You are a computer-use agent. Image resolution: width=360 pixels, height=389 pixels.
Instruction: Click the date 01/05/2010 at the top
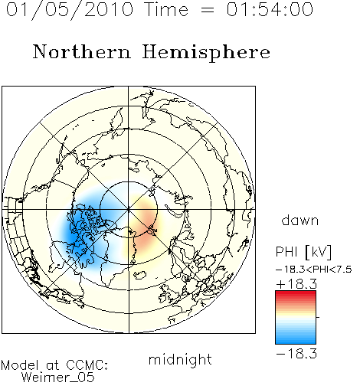[x=70, y=10]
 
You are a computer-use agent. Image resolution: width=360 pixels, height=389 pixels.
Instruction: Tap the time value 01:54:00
[x=270, y=10]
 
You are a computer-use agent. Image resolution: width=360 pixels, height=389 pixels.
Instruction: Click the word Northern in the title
[x=82, y=51]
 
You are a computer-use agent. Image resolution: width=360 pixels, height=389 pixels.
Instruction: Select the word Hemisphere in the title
[x=206, y=53]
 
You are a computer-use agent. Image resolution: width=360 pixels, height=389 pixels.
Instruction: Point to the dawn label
[x=300, y=220]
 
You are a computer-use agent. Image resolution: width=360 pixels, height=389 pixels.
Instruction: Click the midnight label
[x=180, y=360]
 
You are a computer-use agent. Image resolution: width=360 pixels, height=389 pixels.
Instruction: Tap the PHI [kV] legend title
[x=303, y=252]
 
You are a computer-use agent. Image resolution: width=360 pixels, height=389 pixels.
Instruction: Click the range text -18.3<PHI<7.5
[x=314, y=270]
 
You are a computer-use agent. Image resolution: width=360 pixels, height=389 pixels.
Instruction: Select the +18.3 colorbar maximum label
[x=296, y=284]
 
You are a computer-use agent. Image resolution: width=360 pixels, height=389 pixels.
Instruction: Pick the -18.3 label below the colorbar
[x=296, y=354]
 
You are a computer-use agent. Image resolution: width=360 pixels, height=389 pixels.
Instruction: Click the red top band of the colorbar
[x=296, y=293]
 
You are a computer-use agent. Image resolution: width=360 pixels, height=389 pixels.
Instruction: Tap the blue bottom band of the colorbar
[x=296, y=341]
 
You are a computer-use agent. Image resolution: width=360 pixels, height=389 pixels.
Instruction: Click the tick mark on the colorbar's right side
[x=318, y=317]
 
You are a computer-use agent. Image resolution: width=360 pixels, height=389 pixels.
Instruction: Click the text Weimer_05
[x=58, y=378]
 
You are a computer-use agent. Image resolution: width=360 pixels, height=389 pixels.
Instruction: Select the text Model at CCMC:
[x=54, y=365]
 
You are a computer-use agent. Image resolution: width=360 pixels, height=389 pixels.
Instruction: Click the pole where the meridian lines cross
[x=129, y=210]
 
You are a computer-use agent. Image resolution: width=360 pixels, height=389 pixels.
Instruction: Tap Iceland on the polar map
[x=140, y=275]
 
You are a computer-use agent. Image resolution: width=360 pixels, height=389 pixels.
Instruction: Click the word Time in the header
[x=166, y=10]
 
